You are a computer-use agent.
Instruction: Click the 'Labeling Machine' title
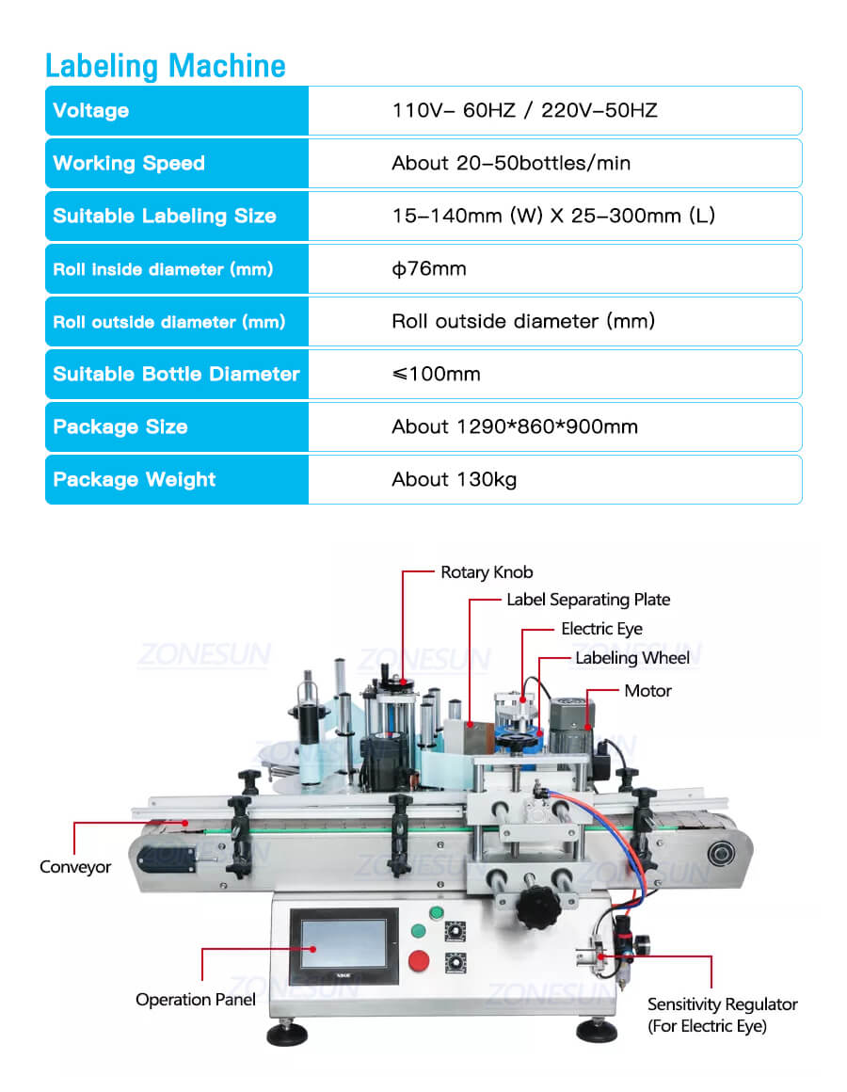coord(166,66)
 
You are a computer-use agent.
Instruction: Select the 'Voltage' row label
coord(91,110)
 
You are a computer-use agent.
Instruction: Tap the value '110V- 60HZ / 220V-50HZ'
coord(524,110)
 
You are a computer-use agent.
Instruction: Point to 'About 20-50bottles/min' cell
coord(511,163)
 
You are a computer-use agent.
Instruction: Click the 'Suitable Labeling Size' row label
coord(165,216)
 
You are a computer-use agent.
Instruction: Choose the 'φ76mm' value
coord(429,268)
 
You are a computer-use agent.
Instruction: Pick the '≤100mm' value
coord(436,374)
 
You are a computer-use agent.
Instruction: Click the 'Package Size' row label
coord(120,426)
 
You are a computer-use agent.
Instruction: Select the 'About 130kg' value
coord(455,479)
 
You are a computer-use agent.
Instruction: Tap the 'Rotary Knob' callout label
coord(487,572)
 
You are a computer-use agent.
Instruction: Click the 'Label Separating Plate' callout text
coord(588,600)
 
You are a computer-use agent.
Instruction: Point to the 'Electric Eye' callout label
coord(601,629)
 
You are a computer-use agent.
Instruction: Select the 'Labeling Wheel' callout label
coord(632,658)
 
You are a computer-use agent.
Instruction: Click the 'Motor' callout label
coord(647,691)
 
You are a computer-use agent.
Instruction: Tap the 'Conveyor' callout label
coord(75,867)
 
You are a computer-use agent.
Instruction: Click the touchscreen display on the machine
coord(343,944)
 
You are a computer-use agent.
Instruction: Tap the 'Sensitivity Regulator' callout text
coord(722,1004)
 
